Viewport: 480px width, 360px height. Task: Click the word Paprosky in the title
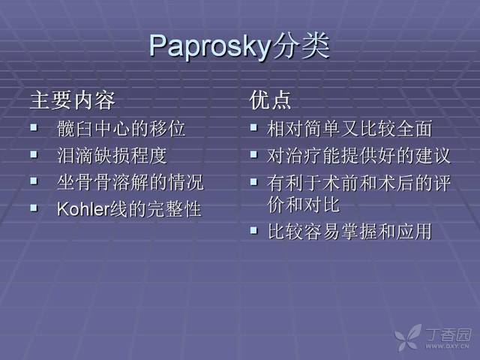pyautogui.click(x=210, y=46)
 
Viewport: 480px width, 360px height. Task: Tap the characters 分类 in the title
pyautogui.click(x=301, y=45)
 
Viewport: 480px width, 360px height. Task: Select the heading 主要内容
pyautogui.click(x=73, y=100)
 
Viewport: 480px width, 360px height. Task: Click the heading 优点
pyautogui.click(x=270, y=100)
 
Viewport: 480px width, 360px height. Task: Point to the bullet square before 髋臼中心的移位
pyautogui.click(x=34, y=127)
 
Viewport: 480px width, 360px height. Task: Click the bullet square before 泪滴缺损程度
pyautogui.click(x=34, y=154)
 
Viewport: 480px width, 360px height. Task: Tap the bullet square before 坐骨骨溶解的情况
pyautogui.click(x=34, y=181)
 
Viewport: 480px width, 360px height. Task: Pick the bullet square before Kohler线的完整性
pyautogui.click(x=34, y=208)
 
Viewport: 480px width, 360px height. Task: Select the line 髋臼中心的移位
pyautogui.click(x=121, y=128)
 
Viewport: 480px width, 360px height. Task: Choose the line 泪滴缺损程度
pyautogui.click(x=112, y=155)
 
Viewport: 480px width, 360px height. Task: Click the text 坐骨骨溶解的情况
pyautogui.click(x=130, y=182)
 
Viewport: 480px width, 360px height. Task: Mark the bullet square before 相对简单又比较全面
pyautogui.click(x=253, y=127)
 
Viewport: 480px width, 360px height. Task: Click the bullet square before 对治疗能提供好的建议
pyautogui.click(x=253, y=154)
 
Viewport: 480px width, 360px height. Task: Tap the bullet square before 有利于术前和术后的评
pyautogui.click(x=253, y=181)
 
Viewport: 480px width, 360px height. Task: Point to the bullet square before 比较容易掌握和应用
pyautogui.click(x=253, y=230)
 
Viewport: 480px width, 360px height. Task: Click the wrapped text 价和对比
pyautogui.click(x=304, y=205)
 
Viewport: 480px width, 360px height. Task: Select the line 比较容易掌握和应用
pyautogui.click(x=349, y=232)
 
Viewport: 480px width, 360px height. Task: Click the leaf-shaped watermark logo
pyautogui.click(x=408, y=337)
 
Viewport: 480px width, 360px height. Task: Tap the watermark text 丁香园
pyautogui.click(x=448, y=335)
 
